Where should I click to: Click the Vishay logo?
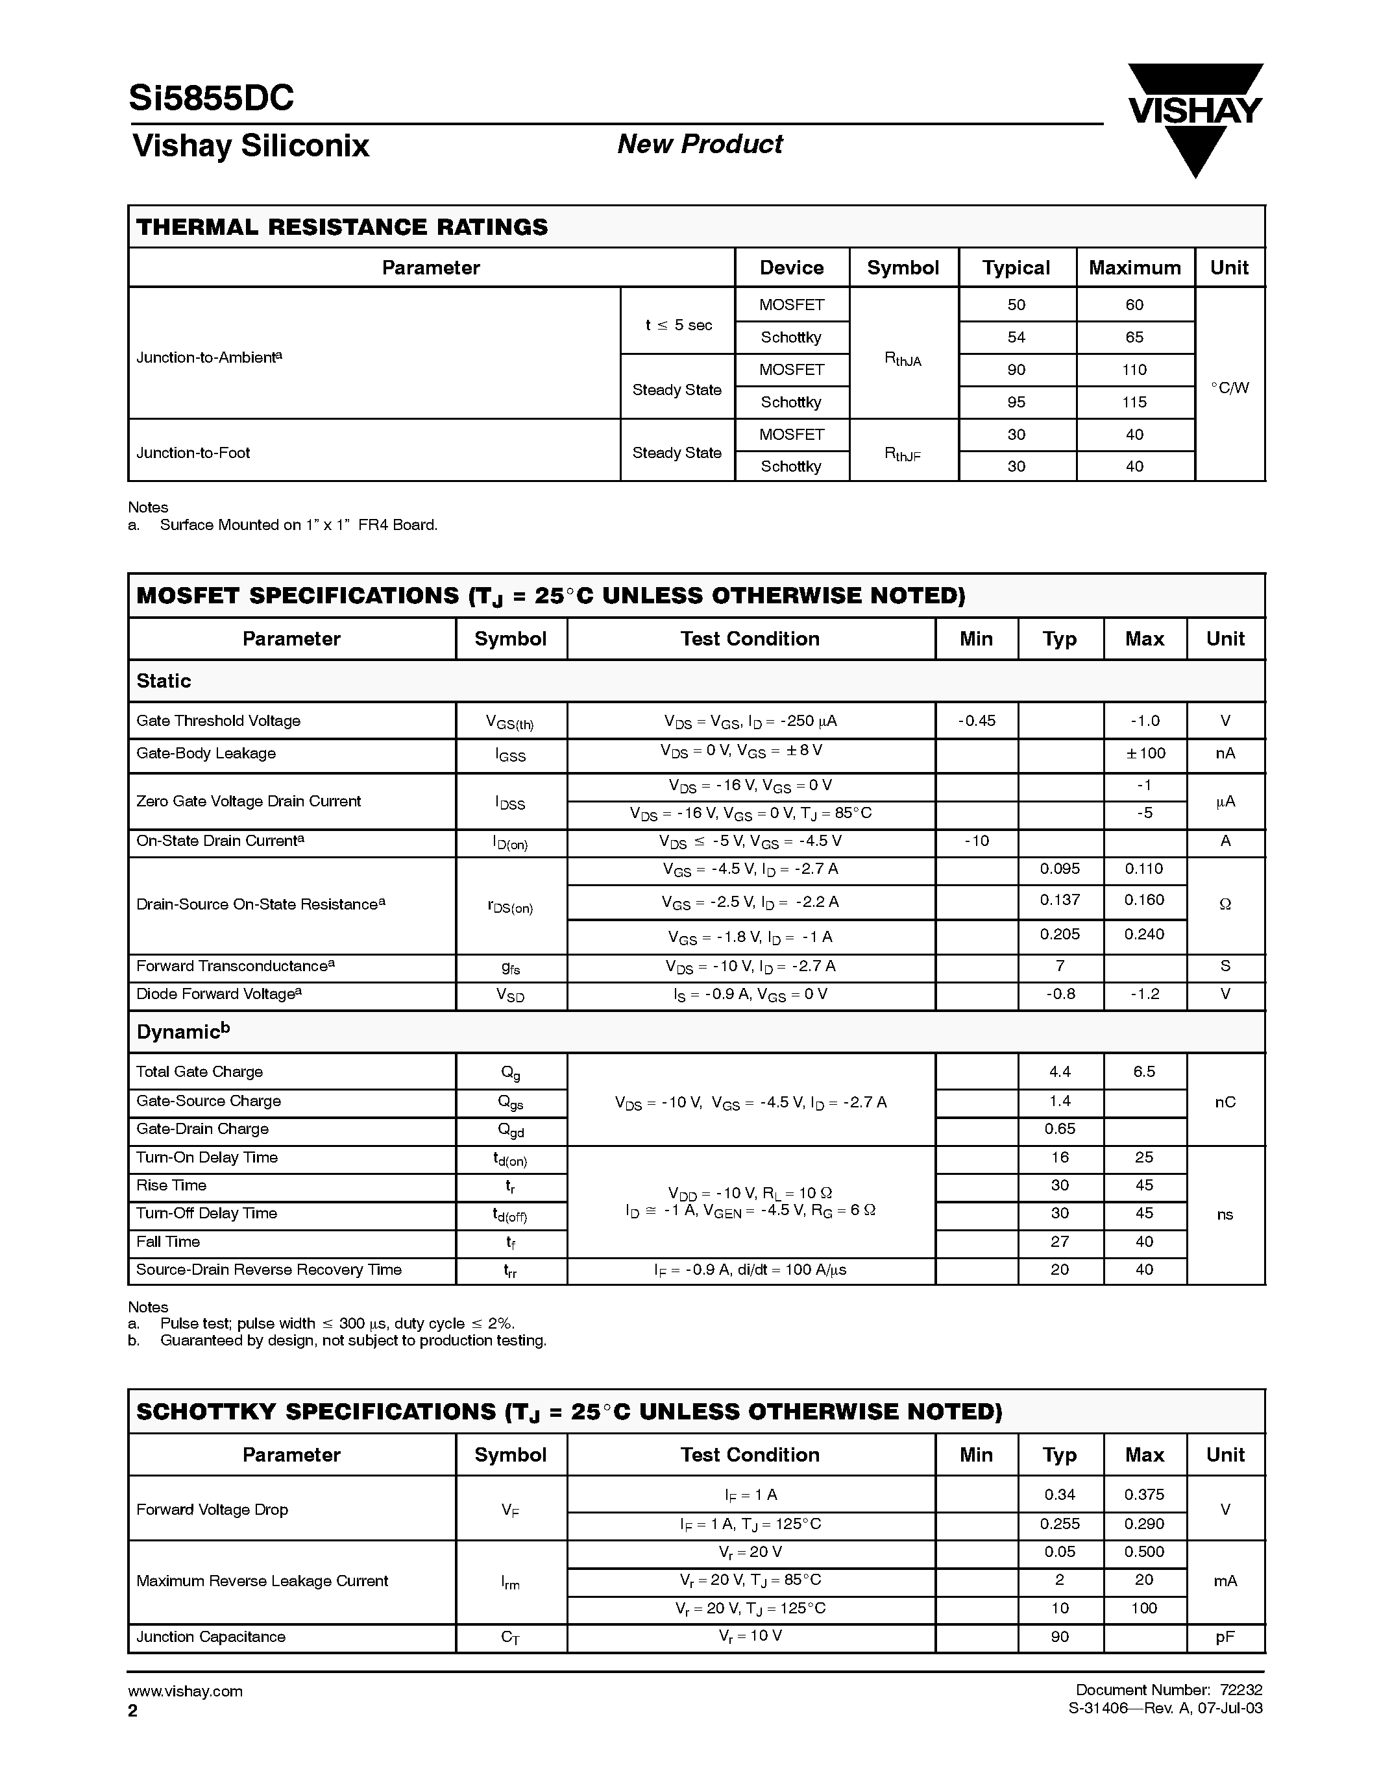[1195, 119]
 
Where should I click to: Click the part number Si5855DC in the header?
[211, 99]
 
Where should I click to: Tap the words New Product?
[700, 144]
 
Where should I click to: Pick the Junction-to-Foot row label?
[193, 453]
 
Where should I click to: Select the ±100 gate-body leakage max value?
[1145, 753]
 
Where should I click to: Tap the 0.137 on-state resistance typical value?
[1060, 900]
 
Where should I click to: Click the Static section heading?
[164, 681]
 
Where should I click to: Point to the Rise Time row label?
[171, 1185]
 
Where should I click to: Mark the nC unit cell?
[1225, 1102]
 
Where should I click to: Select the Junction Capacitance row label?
[211, 1637]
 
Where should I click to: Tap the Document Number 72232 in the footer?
[1168, 1690]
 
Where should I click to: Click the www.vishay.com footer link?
[185, 1691]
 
